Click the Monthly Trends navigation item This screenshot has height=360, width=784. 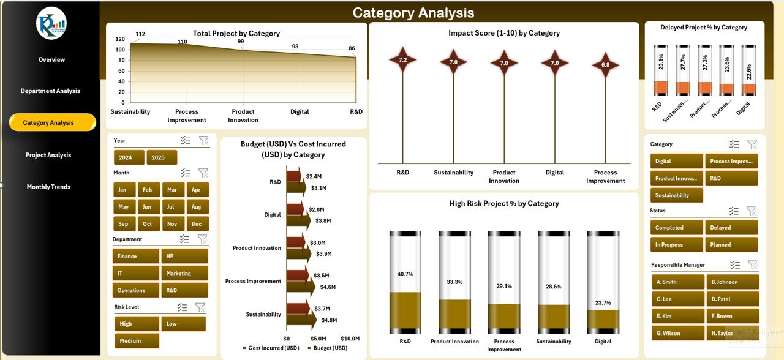[48, 187]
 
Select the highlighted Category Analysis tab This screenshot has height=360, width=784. [52, 122]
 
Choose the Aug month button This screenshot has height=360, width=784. [196, 207]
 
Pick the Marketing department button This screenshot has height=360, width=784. [184, 273]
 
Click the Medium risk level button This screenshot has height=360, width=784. [137, 341]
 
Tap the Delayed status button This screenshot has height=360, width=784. [731, 227]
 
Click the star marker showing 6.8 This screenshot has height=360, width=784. [605, 65]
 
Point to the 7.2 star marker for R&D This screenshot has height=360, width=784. [402, 60]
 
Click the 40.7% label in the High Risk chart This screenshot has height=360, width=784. [405, 274]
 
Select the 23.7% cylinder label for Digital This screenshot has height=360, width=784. [603, 302]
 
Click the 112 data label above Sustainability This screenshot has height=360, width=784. [140, 34]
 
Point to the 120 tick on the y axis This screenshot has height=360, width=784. [119, 39]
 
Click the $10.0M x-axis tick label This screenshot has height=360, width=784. [350, 339]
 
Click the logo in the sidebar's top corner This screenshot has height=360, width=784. [51, 23]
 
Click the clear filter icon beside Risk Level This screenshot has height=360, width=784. [200, 307]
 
